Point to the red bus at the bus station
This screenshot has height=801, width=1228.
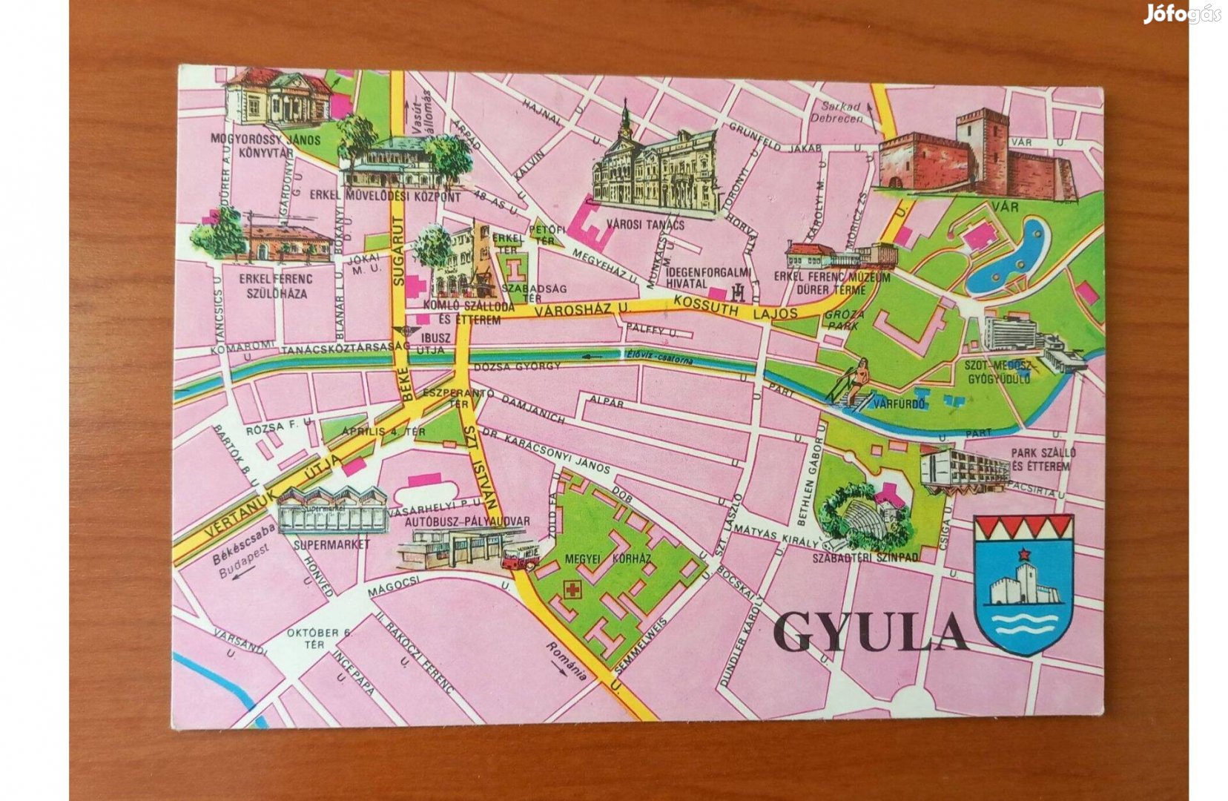tap(520, 556)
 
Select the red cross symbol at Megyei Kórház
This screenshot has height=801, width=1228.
tap(572, 590)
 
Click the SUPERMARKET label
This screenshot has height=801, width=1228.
tap(331, 544)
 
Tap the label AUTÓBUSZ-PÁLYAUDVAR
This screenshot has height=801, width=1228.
tap(467, 521)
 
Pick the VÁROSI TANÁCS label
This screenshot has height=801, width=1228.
tap(645, 225)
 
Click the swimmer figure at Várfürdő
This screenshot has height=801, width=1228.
tap(859, 378)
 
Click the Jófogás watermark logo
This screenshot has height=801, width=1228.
tap(1181, 14)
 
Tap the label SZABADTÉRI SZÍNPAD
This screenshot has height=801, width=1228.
tap(865, 557)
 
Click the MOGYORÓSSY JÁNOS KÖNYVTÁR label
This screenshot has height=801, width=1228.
tap(265, 145)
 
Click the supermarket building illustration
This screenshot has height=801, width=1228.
tap(332, 509)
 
